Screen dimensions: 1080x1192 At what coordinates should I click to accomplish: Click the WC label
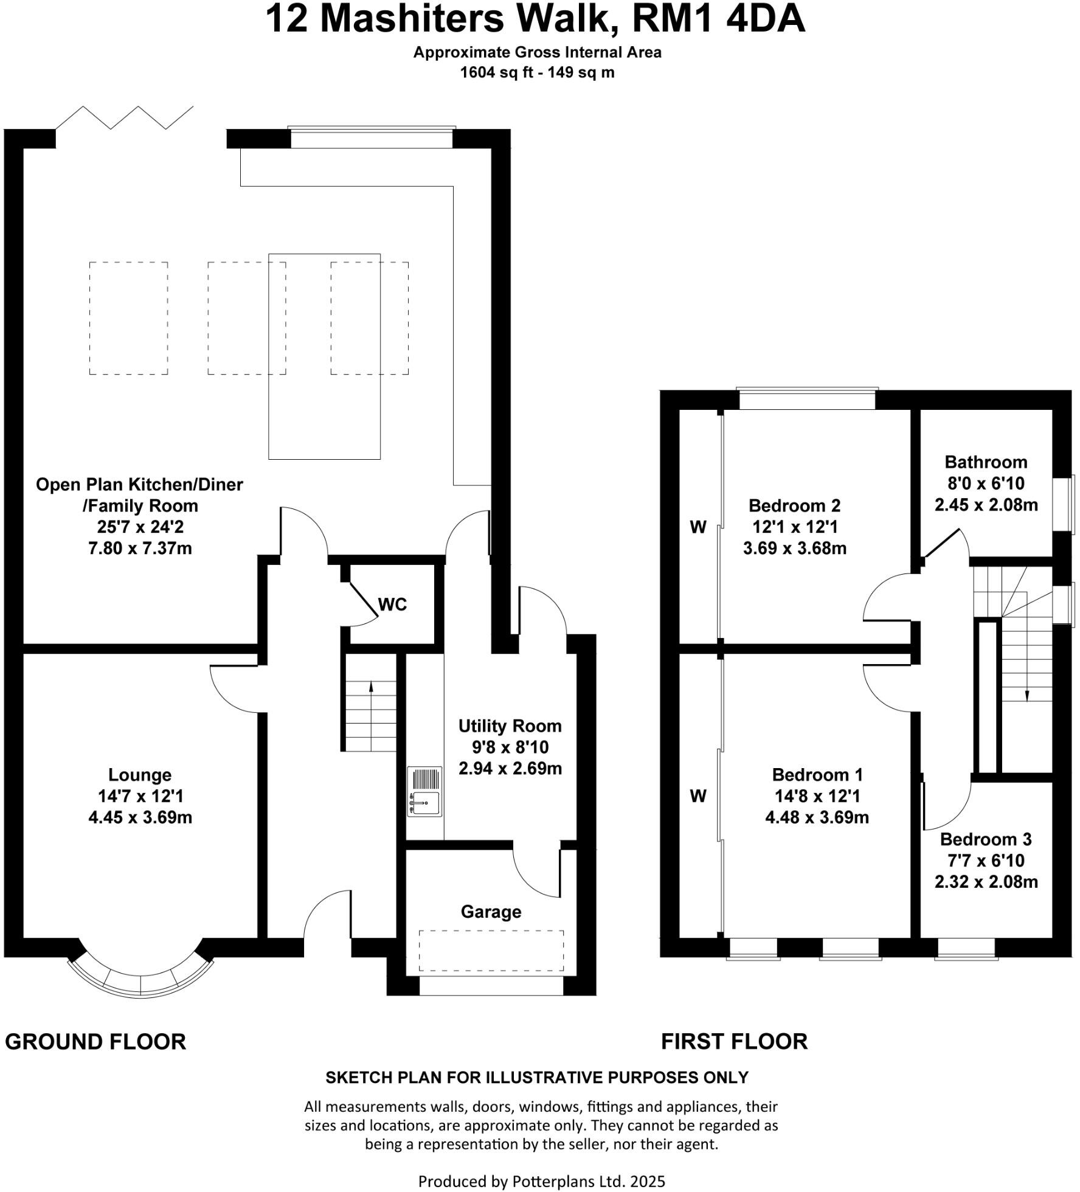(392, 605)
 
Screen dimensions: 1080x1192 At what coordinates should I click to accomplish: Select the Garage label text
(491, 912)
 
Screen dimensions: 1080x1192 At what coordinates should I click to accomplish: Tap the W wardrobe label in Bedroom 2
(698, 527)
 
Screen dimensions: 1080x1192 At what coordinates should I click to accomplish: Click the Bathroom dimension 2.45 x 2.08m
(986, 505)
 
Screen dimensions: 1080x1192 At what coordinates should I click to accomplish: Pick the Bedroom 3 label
(986, 839)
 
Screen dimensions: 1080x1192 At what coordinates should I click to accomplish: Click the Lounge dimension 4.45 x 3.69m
(140, 817)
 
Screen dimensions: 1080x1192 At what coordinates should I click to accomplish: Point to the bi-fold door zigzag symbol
(125, 117)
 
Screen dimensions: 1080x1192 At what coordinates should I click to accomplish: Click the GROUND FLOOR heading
(95, 1042)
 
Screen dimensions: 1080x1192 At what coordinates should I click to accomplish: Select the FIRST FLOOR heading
(734, 1042)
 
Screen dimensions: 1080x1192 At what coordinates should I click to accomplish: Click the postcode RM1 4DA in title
(719, 19)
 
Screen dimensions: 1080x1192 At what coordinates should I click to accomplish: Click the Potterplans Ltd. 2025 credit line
(542, 1182)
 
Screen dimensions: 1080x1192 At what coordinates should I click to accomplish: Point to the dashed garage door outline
(491, 951)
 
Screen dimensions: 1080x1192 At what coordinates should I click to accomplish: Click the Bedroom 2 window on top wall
(807, 399)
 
